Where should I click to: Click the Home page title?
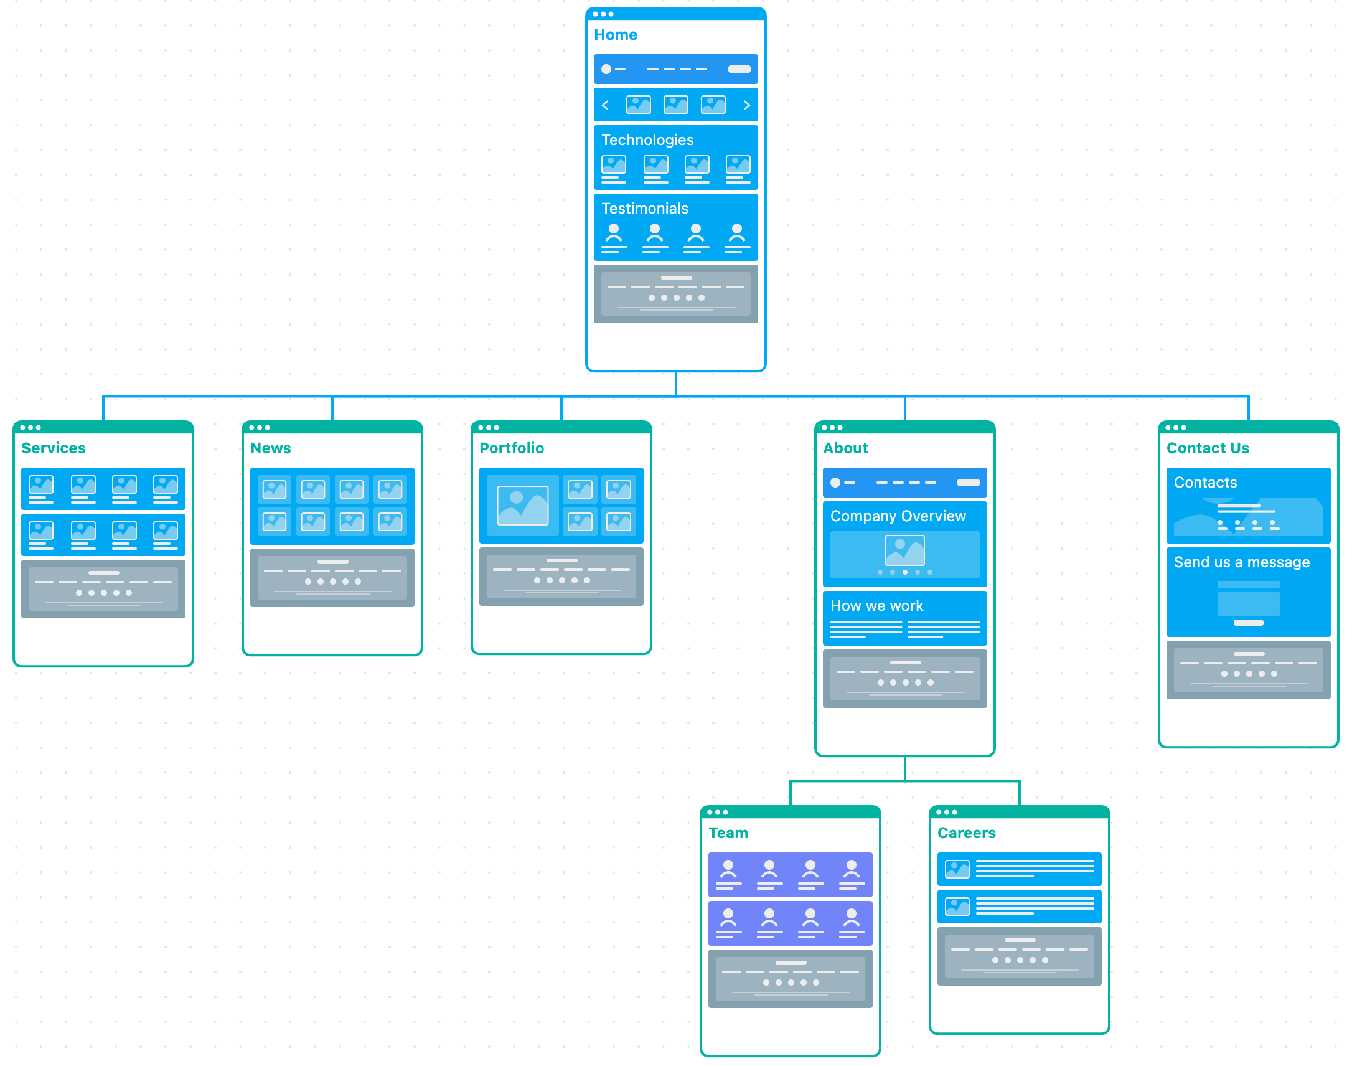click(615, 35)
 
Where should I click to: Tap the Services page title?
click(54, 448)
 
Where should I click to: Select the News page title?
click(270, 448)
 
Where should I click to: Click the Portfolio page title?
click(512, 448)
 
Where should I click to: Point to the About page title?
click(845, 448)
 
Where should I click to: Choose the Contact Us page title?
click(1208, 448)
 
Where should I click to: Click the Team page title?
click(728, 833)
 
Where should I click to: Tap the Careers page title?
click(967, 833)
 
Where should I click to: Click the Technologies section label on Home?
click(647, 140)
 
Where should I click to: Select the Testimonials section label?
click(644, 209)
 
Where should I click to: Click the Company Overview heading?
click(898, 516)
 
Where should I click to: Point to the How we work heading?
click(876, 606)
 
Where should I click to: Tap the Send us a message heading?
click(1242, 562)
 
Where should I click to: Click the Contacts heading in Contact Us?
click(1205, 483)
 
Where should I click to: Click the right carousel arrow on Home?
click(747, 105)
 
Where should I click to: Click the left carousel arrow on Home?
click(604, 105)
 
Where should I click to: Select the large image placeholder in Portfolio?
click(523, 506)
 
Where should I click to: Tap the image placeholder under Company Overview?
click(904, 550)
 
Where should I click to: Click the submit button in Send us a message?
click(1249, 623)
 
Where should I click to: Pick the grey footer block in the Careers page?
click(1020, 956)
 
